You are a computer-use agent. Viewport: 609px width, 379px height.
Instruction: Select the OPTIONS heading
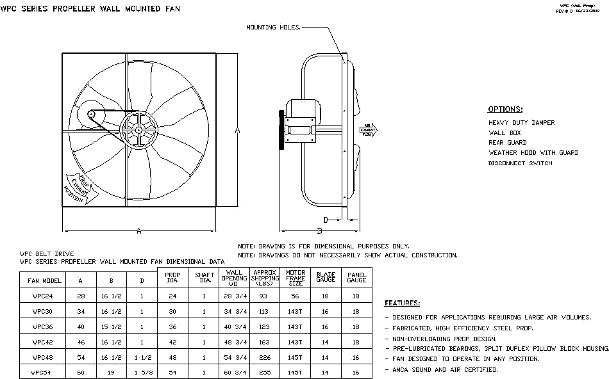(x=505, y=109)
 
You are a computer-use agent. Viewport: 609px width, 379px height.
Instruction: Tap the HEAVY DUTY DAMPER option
(x=521, y=122)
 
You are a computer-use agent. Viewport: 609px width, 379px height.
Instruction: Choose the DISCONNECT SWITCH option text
(x=520, y=163)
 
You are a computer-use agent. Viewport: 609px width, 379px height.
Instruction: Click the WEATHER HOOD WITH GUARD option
(x=533, y=153)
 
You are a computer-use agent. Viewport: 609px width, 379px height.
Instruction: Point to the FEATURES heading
(x=402, y=303)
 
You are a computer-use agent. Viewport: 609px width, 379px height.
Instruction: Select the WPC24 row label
(x=44, y=296)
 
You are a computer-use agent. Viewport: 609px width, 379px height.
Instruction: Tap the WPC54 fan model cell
(x=44, y=372)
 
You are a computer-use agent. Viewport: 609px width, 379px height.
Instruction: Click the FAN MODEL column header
(x=44, y=280)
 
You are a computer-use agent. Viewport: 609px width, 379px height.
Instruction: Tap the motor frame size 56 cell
(x=296, y=296)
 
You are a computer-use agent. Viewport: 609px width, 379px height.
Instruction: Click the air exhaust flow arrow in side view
(x=368, y=130)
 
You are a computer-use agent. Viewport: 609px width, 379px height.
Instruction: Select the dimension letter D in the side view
(x=326, y=220)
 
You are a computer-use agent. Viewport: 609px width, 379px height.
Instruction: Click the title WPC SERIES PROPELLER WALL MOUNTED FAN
(x=90, y=9)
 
